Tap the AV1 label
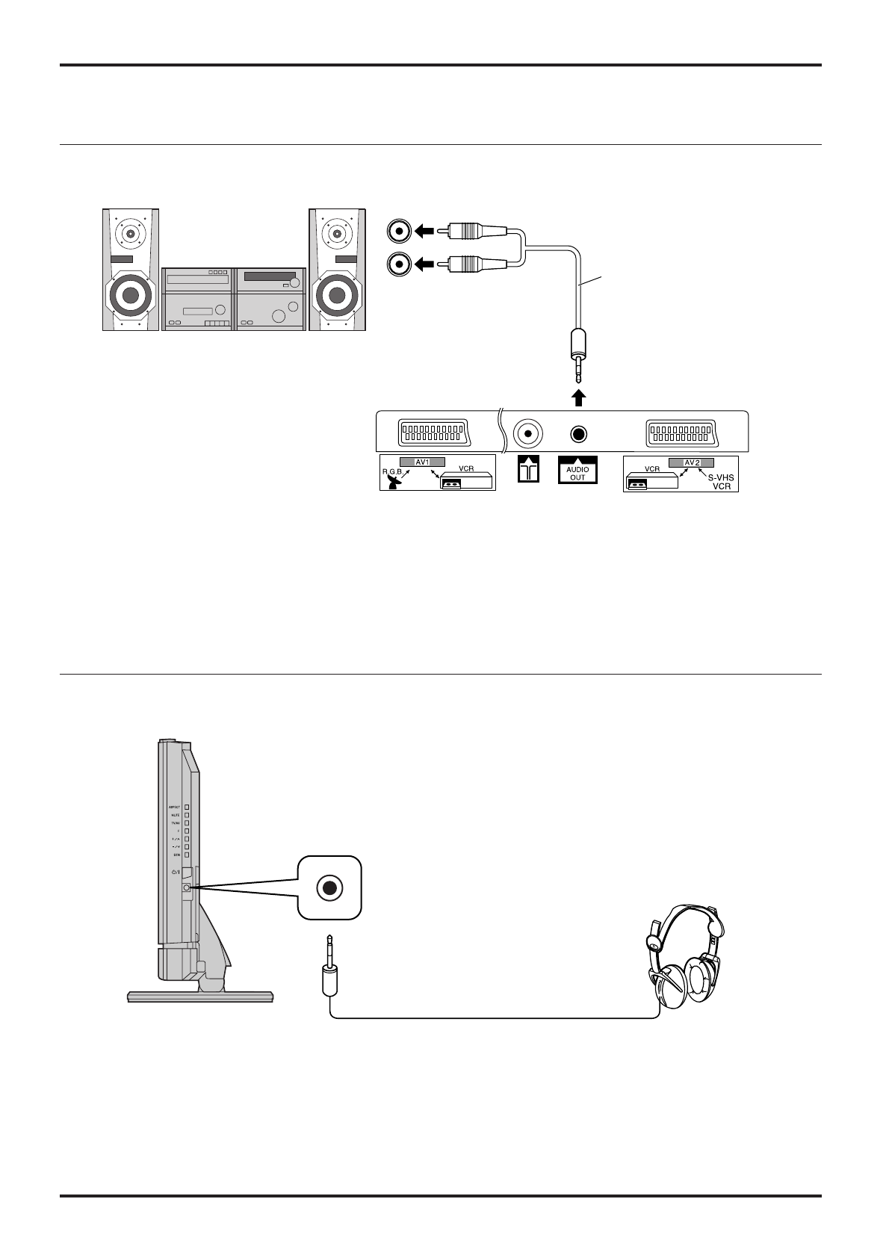(422, 462)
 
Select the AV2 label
(691, 462)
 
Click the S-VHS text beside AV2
(722, 474)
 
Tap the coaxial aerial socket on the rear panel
(528, 434)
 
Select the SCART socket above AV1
(433, 433)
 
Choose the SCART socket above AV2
(680, 433)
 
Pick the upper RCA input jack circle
(400, 232)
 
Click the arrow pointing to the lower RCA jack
(425, 264)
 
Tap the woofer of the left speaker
(131, 294)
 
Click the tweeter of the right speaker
(336, 234)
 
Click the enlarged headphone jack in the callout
(329, 887)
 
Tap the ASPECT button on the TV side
(188, 807)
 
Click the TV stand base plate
(200, 997)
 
